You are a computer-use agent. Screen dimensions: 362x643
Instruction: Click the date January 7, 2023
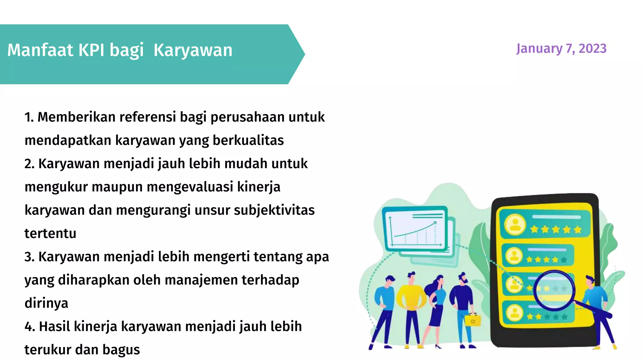[561, 49]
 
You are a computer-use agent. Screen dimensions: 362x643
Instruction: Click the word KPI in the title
[91, 50]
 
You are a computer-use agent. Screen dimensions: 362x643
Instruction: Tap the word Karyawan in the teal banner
[193, 50]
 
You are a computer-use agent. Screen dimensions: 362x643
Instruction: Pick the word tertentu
[50, 233]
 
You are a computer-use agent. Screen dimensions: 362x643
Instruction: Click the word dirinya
[46, 303]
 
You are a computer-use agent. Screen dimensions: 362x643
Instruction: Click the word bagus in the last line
[121, 350]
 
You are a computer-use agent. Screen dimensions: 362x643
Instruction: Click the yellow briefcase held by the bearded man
[473, 320]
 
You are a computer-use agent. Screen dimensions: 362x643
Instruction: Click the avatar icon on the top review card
[515, 224]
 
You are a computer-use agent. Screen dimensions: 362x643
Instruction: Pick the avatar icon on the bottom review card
[514, 313]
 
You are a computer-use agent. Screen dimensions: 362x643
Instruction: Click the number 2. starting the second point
[29, 164]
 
